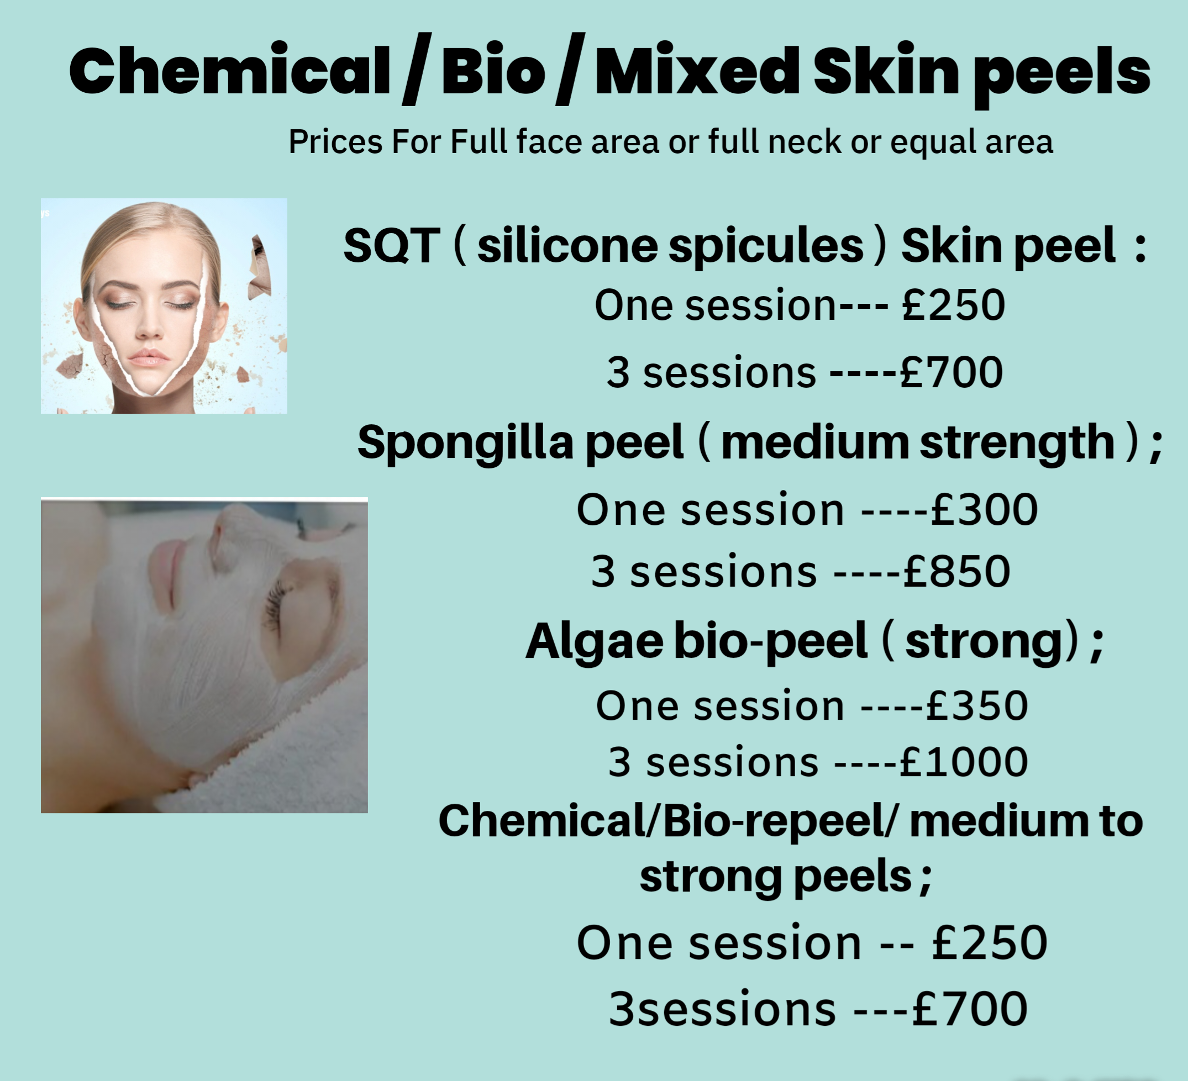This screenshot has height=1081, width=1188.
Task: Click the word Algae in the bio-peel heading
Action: tap(595, 642)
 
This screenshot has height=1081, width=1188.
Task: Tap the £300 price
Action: tap(984, 510)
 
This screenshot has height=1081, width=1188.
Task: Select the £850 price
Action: tap(956, 571)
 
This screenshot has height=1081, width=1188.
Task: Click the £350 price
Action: tap(977, 706)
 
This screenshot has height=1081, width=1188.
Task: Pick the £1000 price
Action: tap(964, 762)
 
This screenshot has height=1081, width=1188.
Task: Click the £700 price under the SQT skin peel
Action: tap(951, 372)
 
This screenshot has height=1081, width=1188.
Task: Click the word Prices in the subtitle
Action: tap(335, 142)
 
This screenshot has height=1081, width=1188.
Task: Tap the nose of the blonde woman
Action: tap(149, 328)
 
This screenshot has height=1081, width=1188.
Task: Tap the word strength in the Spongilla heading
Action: tap(1017, 443)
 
